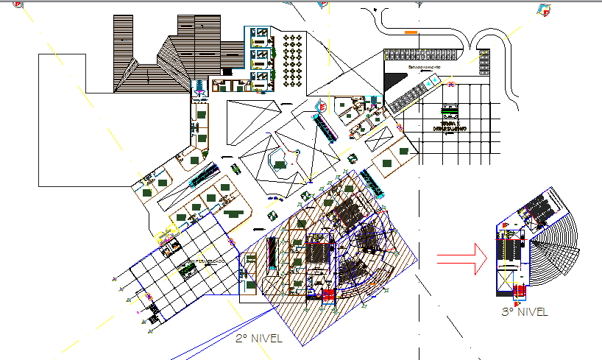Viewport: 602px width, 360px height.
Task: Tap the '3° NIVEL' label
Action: (524, 312)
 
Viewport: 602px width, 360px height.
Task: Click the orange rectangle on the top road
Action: (411, 32)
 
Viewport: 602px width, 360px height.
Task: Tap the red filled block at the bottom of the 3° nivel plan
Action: (520, 289)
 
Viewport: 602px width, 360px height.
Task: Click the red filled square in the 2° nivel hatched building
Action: (327, 296)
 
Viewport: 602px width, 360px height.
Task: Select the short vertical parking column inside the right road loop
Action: (484, 62)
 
